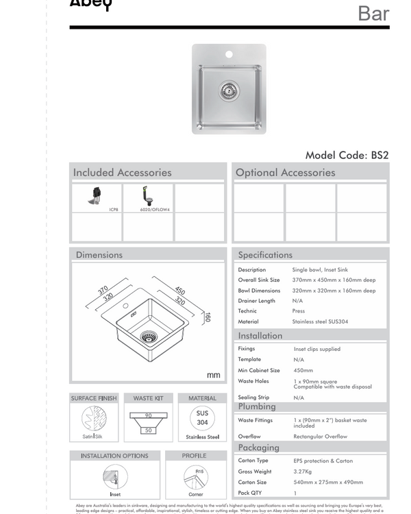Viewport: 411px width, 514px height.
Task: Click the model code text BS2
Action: click(379, 155)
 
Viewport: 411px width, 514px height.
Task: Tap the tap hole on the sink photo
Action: click(229, 54)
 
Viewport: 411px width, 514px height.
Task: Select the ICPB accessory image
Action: click(95, 196)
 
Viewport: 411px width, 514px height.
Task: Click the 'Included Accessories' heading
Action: click(122, 173)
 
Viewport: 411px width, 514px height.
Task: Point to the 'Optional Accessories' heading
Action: click(285, 173)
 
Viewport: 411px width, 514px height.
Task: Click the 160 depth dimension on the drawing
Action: click(207, 317)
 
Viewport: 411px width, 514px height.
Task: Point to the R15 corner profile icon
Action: click(196, 477)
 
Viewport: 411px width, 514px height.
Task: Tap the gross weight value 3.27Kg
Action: click(306, 472)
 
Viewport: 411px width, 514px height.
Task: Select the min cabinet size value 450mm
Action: click(303, 370)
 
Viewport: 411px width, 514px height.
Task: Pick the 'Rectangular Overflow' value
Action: click(320, 437)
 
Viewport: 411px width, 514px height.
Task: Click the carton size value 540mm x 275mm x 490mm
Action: click(328, 482)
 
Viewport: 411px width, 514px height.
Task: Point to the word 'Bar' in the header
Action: click(373, 13)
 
